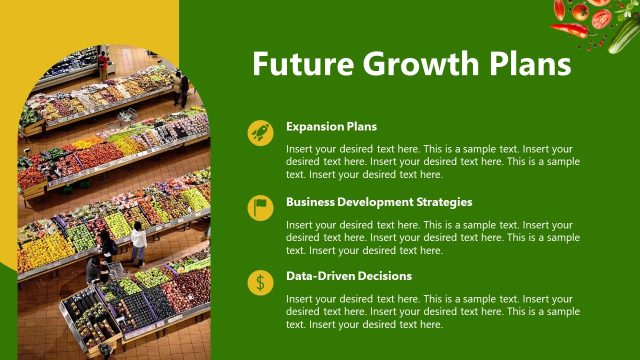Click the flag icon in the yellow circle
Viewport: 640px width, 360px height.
(261, 208)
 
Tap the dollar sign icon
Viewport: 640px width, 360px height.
(261, 283)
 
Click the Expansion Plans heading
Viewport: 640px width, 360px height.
(331, 127)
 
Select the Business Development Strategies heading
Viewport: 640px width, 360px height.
(379, 202)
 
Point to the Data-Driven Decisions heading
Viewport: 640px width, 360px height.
(349, 276)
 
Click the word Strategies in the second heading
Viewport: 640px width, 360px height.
(442, 202)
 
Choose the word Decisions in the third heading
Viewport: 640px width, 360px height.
(384, 276)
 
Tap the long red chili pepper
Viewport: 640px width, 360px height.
(569, 30)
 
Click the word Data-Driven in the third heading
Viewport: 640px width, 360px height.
(319, 276)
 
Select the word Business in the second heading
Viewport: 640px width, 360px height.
(310, 202)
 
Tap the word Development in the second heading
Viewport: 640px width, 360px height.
(373, 202)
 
